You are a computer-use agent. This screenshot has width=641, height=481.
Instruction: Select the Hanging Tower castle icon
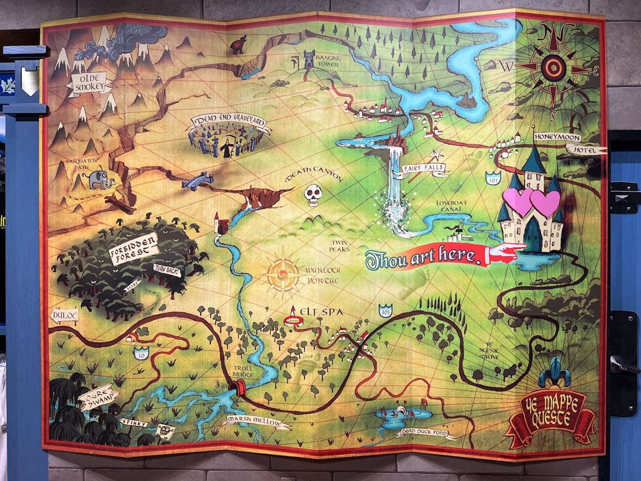click(x=309, y=59)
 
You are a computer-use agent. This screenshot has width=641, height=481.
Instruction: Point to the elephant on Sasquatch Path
click(x=101, y=180)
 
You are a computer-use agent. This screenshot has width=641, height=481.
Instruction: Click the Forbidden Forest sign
click(x=134, y=250)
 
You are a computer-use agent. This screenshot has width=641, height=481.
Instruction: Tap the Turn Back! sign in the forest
click(x=166, y=271)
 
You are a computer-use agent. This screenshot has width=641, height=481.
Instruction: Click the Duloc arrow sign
click(x=64, y=315)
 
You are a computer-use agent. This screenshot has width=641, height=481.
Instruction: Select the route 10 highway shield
click(x=140, y=353)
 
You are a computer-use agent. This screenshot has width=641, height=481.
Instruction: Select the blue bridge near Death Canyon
click(x=197, y=181)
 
